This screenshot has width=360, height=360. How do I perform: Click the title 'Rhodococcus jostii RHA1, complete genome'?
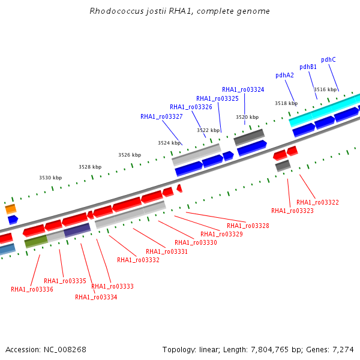(179, 11)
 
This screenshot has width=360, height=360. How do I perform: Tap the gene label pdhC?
(328, 59)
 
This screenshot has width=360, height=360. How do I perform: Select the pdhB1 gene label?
(308, 67)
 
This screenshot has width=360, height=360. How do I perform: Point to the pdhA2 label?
(284, 76)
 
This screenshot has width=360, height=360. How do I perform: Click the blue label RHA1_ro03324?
(243, 89)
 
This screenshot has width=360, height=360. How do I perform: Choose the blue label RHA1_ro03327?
(161, 116)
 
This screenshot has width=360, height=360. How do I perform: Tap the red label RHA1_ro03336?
(32, 289)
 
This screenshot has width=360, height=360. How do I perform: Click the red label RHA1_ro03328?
(248, 226)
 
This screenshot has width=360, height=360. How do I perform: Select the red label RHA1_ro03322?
(317, 202)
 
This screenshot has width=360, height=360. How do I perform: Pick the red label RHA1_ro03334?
(96, 297)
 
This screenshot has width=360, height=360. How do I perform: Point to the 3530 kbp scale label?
(50, 178)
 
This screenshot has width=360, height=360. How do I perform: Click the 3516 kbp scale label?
(325, 89)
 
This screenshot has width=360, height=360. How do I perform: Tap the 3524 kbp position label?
(169, 143)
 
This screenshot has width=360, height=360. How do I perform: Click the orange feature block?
(11, 209)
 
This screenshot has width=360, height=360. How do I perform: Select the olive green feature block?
(36, 241)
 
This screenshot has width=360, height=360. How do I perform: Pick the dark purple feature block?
(77, 230)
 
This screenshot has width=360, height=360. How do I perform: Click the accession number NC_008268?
(65, 350)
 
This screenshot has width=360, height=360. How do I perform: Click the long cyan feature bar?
(325, 110)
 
